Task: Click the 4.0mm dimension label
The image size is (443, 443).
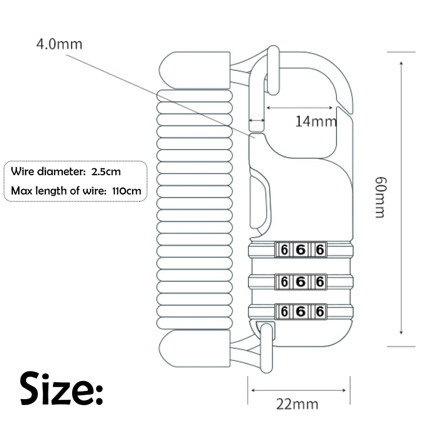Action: [59, 44]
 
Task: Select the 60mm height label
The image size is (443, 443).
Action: [380, 197]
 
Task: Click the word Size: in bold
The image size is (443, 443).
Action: [62, 388]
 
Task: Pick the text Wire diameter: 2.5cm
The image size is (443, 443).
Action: [66, 172]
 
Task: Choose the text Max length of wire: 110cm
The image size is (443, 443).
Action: [76, 191]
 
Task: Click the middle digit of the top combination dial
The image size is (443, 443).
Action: [300, 250]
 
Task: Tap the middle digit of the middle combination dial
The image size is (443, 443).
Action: [300, 281]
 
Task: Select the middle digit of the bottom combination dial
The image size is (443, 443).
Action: [300, 312]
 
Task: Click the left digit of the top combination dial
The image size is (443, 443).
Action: [284, 250]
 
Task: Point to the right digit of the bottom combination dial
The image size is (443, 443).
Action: [320, 312]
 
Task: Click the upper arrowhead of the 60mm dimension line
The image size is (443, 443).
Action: [401, 63]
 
